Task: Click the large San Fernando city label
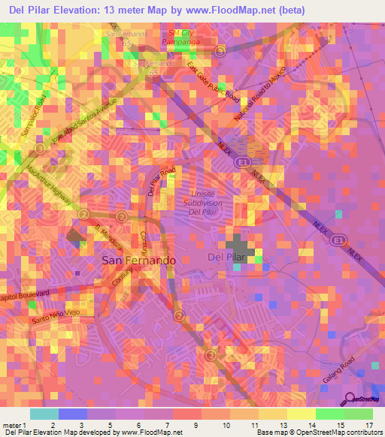[138, 260]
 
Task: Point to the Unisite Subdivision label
[205, 200]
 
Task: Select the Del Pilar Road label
[161, 181]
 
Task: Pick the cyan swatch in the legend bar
[44, 413]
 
